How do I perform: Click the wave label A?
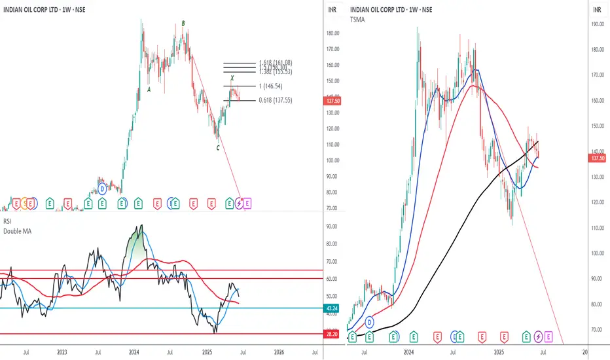(149, 90)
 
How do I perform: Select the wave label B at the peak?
(183, 24)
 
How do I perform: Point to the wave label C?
(218, 148)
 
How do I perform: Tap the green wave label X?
(232, 78)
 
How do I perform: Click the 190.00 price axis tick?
(596, 24)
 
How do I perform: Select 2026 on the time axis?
(278, 352)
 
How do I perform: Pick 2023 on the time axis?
(62, 352)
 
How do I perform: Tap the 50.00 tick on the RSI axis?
(332, 279)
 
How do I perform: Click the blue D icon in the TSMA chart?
(370, 323)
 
